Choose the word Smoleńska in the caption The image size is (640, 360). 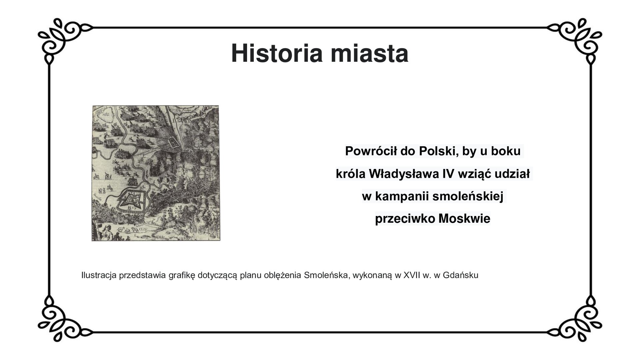(325, 275)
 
